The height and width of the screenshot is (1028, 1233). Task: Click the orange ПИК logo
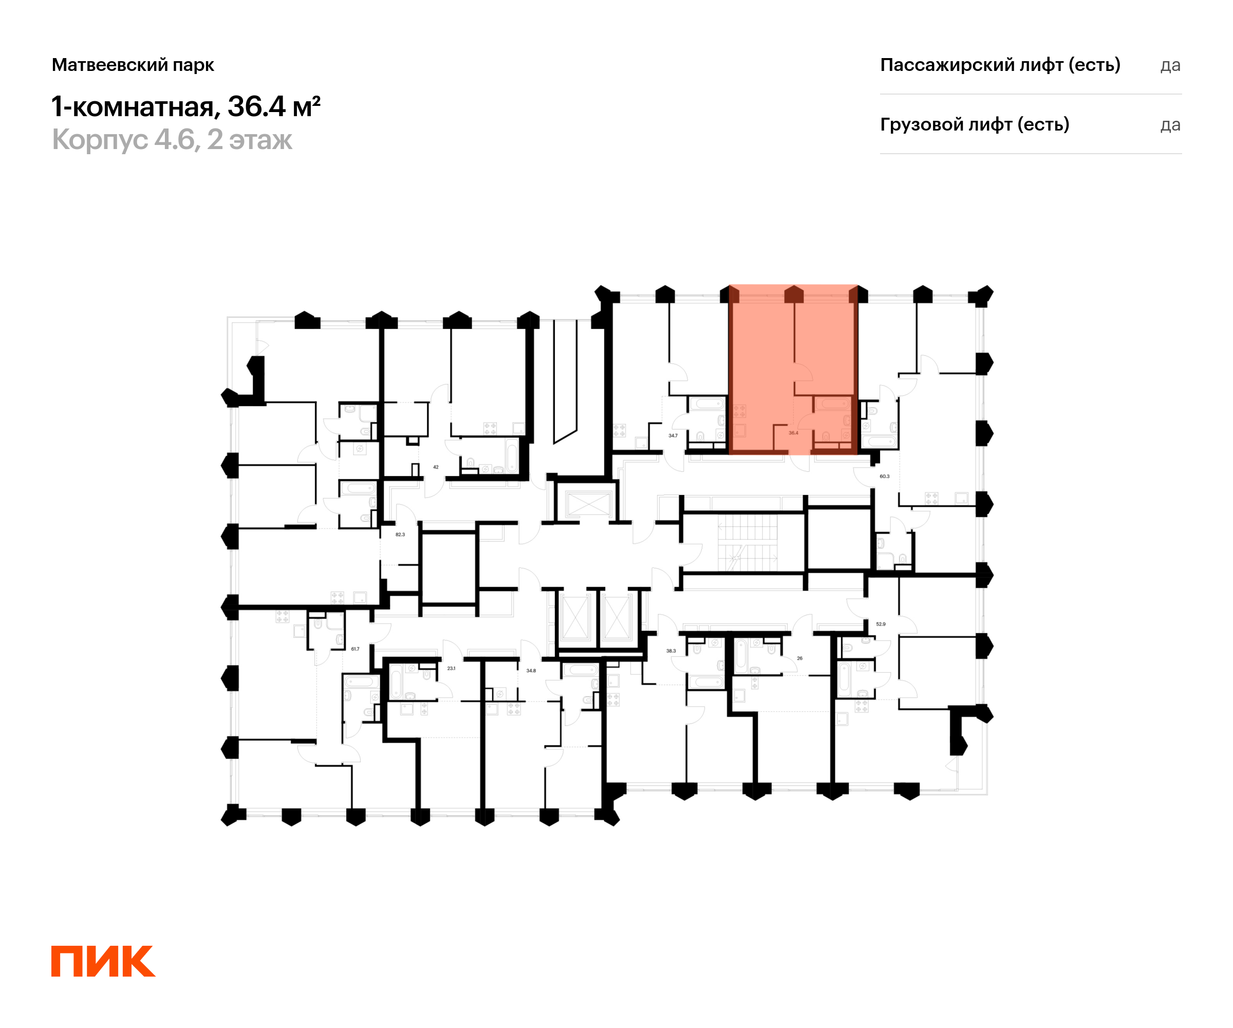[103, 961]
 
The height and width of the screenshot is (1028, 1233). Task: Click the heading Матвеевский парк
[133, 65]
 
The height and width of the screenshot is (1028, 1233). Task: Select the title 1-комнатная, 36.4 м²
[185, 106]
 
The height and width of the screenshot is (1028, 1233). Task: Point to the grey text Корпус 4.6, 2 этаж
[172, 140]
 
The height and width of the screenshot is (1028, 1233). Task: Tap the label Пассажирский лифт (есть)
[1000, 65]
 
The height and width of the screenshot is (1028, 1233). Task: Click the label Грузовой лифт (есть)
[974, 124]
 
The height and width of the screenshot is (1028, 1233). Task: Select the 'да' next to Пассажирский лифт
[1170, 65]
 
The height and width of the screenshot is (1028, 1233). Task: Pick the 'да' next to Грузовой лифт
[1170, 125]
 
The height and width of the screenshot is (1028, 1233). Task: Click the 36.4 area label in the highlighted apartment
[793, 433]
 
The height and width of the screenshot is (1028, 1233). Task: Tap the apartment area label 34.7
[673, 436]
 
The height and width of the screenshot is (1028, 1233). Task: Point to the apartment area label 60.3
[884, 476]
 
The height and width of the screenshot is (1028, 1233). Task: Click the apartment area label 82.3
[400, 535]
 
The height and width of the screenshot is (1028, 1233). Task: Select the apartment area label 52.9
[881, 624]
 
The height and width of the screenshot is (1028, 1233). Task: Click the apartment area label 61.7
[355, 649]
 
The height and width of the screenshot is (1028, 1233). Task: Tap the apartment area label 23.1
[451, 669]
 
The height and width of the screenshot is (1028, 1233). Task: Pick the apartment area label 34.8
[531, 671]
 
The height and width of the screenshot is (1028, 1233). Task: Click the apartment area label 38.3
[671, 651]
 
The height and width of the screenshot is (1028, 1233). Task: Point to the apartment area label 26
[800, 658]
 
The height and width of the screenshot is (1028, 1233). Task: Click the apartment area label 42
[436, 467]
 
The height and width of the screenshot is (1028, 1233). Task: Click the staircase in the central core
[748, 543]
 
